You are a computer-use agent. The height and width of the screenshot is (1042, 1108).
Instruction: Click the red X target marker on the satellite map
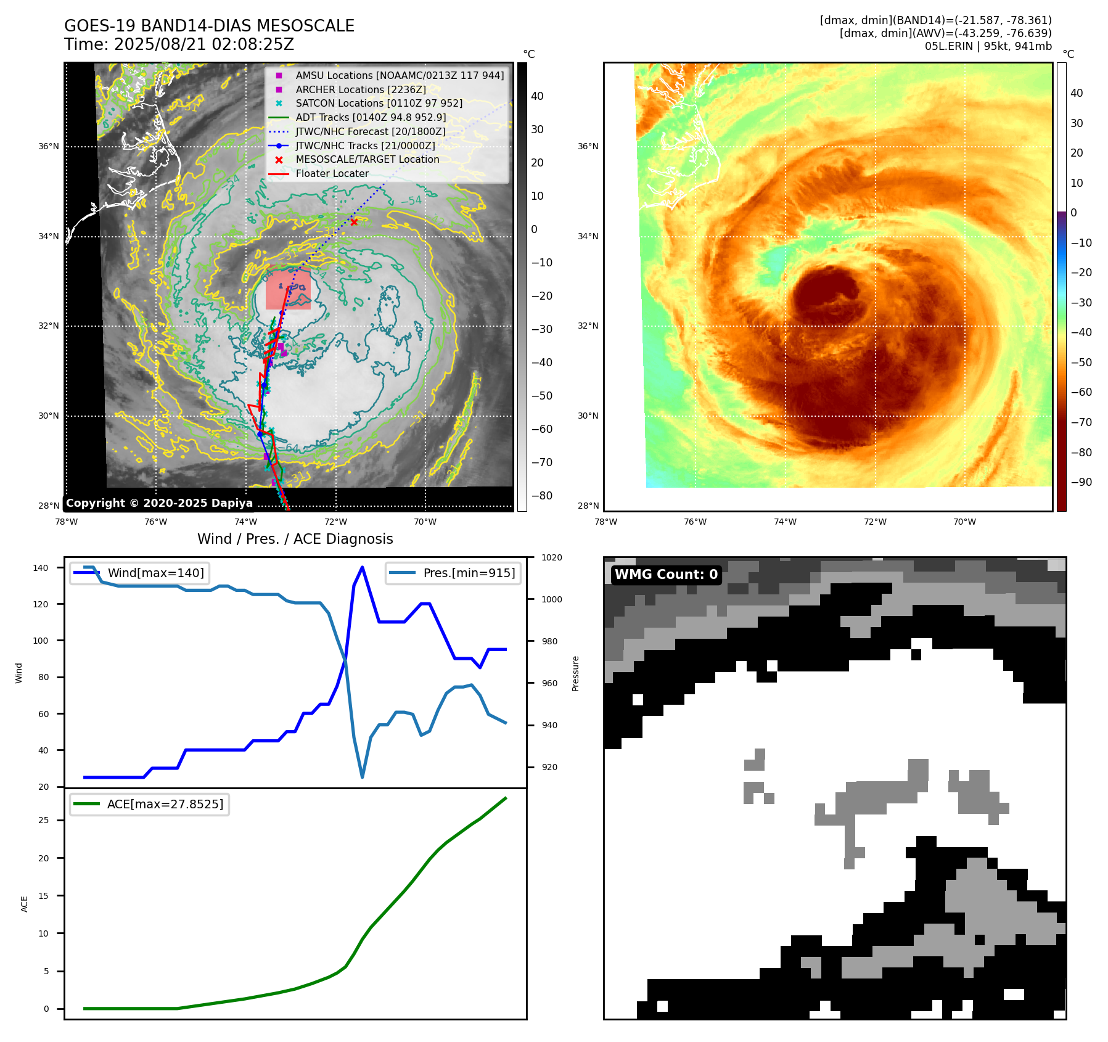pyautogui.click(x=354, y=222)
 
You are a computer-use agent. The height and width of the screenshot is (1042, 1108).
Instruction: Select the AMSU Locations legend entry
pyautogui.click(x=399, y=75)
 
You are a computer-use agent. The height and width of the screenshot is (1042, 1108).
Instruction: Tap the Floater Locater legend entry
pyautogui.click(x=332, y=174)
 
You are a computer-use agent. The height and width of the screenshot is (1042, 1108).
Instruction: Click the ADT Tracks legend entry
pyautogui.click(x=371, y=117)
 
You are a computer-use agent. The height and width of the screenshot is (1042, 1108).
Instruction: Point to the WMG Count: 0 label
pyautogui.click(x=666, y=575)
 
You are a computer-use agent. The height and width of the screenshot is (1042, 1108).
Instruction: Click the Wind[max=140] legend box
pyautogui.click(x=140, y=573)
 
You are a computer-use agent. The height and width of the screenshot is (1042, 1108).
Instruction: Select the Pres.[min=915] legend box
pyautogui.click(x=453, y=573)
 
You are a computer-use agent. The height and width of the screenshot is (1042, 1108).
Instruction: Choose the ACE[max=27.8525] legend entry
pyautogui.click(x=150, y=804)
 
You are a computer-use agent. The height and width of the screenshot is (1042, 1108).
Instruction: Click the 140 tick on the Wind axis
pyautogui.click(x=41, y=568)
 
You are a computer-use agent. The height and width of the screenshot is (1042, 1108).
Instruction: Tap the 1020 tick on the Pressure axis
pyautogui.click(x=552, y=558)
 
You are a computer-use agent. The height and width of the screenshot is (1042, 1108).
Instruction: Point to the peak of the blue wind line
pyautogui.click(x=362, y=567)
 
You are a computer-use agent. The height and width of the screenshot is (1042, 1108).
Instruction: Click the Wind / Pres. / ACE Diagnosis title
pyautogui.click(x=295, y=539)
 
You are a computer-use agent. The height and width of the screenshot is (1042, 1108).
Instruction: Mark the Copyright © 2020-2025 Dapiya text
pyautogui.click(x=159, y=503)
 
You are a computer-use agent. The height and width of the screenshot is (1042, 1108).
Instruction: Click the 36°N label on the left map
pyautogui.click(x=49, y=147)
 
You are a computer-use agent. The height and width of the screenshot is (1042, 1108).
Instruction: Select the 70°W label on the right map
pyautogui.click(x=964, y=522)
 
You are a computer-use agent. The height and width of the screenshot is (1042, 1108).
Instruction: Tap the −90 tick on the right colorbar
pyautogui.click(x=1081, y=482)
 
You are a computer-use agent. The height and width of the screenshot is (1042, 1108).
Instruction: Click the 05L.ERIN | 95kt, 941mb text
pyautogui.click(x=988, y=46)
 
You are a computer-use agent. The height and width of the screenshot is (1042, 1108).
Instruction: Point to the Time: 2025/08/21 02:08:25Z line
pyautogui.click(x=179, y=44)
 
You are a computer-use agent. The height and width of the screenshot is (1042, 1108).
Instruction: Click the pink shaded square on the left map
pyautogui.click(x=288, y=289)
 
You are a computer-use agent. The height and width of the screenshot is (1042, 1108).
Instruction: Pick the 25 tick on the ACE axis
pyautogui.click(x=44, y=820)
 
